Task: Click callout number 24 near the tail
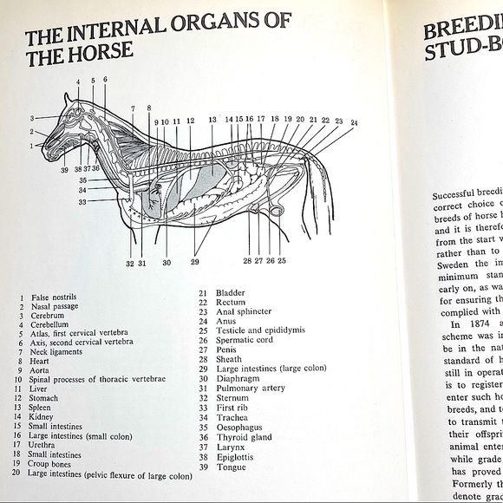[353, 123]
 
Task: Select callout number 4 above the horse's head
[77, 83]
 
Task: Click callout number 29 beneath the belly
[194, 261]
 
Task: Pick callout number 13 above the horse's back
[212, 120]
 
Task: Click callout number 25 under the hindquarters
[282, 260]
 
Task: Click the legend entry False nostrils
[55, 297]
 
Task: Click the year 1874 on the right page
[476, 324]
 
